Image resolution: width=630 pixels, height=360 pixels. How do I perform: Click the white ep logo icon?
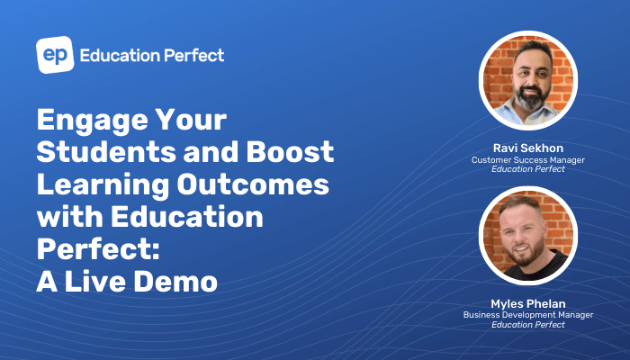54,55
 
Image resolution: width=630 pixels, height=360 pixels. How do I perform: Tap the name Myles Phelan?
528,304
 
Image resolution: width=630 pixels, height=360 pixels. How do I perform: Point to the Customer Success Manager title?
528,160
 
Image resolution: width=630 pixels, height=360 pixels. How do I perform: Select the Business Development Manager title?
528,315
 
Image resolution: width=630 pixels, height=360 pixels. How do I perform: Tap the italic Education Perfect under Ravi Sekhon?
528,170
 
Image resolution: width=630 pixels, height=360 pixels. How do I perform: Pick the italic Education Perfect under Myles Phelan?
528,325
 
